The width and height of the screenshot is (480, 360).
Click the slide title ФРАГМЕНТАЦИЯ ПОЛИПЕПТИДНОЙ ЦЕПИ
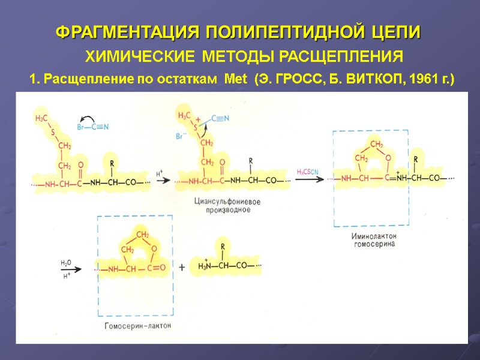(238, 32)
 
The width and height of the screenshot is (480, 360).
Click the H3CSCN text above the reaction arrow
(308, 172)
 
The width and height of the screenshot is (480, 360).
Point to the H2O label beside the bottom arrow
(65, 263)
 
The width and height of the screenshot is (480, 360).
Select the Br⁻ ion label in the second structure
(181, 137)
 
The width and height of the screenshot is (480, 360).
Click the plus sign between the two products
(181, 268)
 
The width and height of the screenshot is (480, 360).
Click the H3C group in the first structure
(41, 118)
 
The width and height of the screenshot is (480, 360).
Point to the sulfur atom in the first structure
(52, 132)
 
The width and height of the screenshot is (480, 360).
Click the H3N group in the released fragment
(205, 268)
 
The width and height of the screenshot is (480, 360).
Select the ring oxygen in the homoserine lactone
(154, 249)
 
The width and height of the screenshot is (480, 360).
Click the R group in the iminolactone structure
(416, 160)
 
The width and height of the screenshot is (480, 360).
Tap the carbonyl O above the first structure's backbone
(80, 163)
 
